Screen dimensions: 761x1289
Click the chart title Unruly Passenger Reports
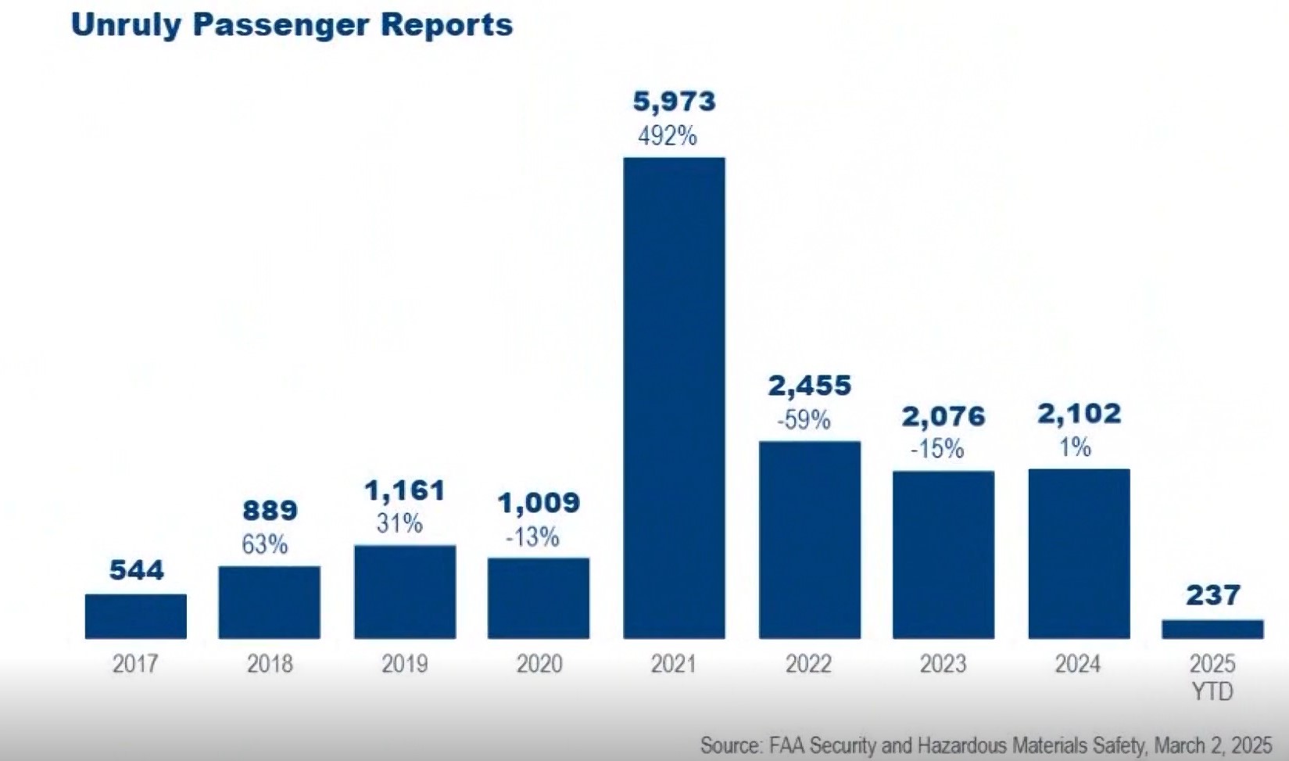292,25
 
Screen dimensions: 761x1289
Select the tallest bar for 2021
674,397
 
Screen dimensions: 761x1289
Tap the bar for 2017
136,616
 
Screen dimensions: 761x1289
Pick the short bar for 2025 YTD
1212,629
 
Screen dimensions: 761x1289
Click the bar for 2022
810,540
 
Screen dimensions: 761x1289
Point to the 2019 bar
405,591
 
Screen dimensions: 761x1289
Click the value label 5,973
674,102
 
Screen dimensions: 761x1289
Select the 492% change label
667,137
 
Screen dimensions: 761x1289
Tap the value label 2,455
809,386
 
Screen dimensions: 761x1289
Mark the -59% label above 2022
804,421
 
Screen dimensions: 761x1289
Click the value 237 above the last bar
1212,596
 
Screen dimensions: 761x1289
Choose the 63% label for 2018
264,544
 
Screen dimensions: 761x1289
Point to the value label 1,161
405,491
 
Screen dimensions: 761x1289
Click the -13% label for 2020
532,537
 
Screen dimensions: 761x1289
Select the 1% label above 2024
1076,447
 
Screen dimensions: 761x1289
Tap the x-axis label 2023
943,664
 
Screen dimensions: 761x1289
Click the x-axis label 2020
539,664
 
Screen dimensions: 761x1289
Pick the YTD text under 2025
1212,691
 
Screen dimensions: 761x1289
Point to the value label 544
137,570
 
